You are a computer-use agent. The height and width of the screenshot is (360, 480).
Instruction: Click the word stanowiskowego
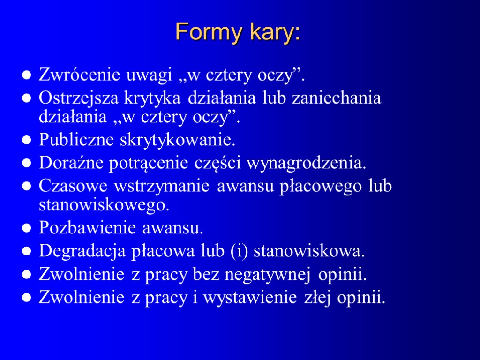point(103,205)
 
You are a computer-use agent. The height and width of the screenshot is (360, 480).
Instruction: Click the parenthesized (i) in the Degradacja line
point(240,252)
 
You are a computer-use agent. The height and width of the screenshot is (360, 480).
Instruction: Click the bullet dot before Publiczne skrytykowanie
point(27,140)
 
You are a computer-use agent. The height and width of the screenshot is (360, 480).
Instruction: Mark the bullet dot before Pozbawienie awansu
point(27,229)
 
